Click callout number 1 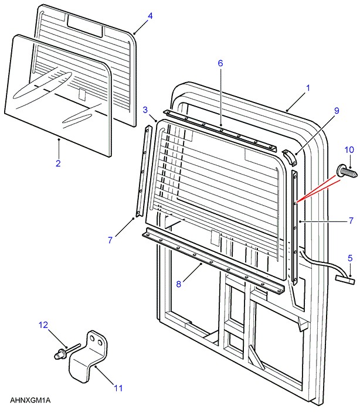pyautogui.click(x=308, y=87)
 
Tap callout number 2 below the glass pyautogui.click(x=58, y=163)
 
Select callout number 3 pyautogui.click(x=145, y=110)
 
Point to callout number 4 pyautogui.click(x=150, y=16)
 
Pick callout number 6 pyautogui.click(x=220, y=63)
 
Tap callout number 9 pyautogui.click(x=337, y=111)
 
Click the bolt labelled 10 pyautogui.click(x=346, y=172)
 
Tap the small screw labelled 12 pyautogui.click(x=60, y=354)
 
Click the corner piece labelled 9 pyautogui.click(x=288, y=158)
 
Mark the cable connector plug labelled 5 pyautogui.click(x=346, y=280)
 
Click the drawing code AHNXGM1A pyautogui.click(x=30, y=400)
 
